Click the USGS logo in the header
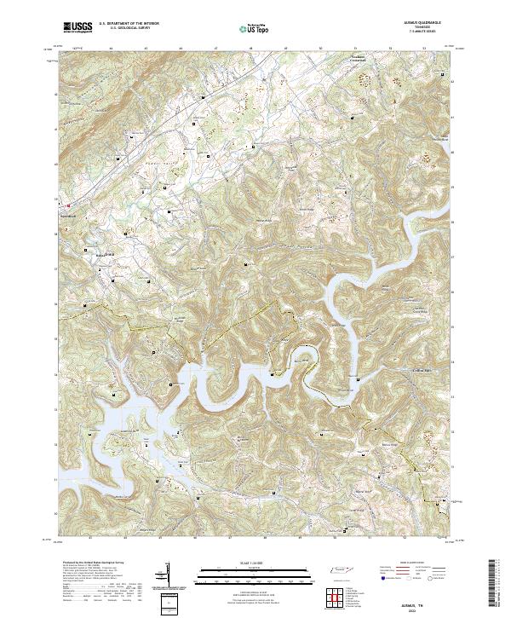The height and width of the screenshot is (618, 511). pyautogui.click(x=78, y=27)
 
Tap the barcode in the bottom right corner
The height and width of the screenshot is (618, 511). pyautogui.click(x=493, y=584)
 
